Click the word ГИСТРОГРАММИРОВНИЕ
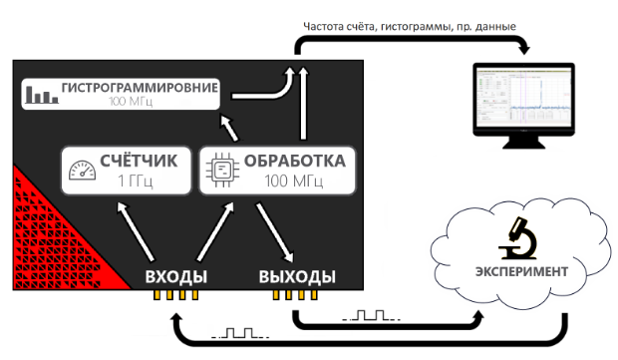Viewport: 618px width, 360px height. coord(139,87)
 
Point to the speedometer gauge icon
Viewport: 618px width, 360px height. coord(84,171)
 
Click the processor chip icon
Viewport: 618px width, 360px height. coord(220,171)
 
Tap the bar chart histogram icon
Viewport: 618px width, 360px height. coord(41,95)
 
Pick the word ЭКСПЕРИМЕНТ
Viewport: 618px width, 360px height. coord(521,271)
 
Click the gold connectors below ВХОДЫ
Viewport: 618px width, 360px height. coord(175,296)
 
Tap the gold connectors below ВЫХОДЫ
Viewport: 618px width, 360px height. coord(298,296)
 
